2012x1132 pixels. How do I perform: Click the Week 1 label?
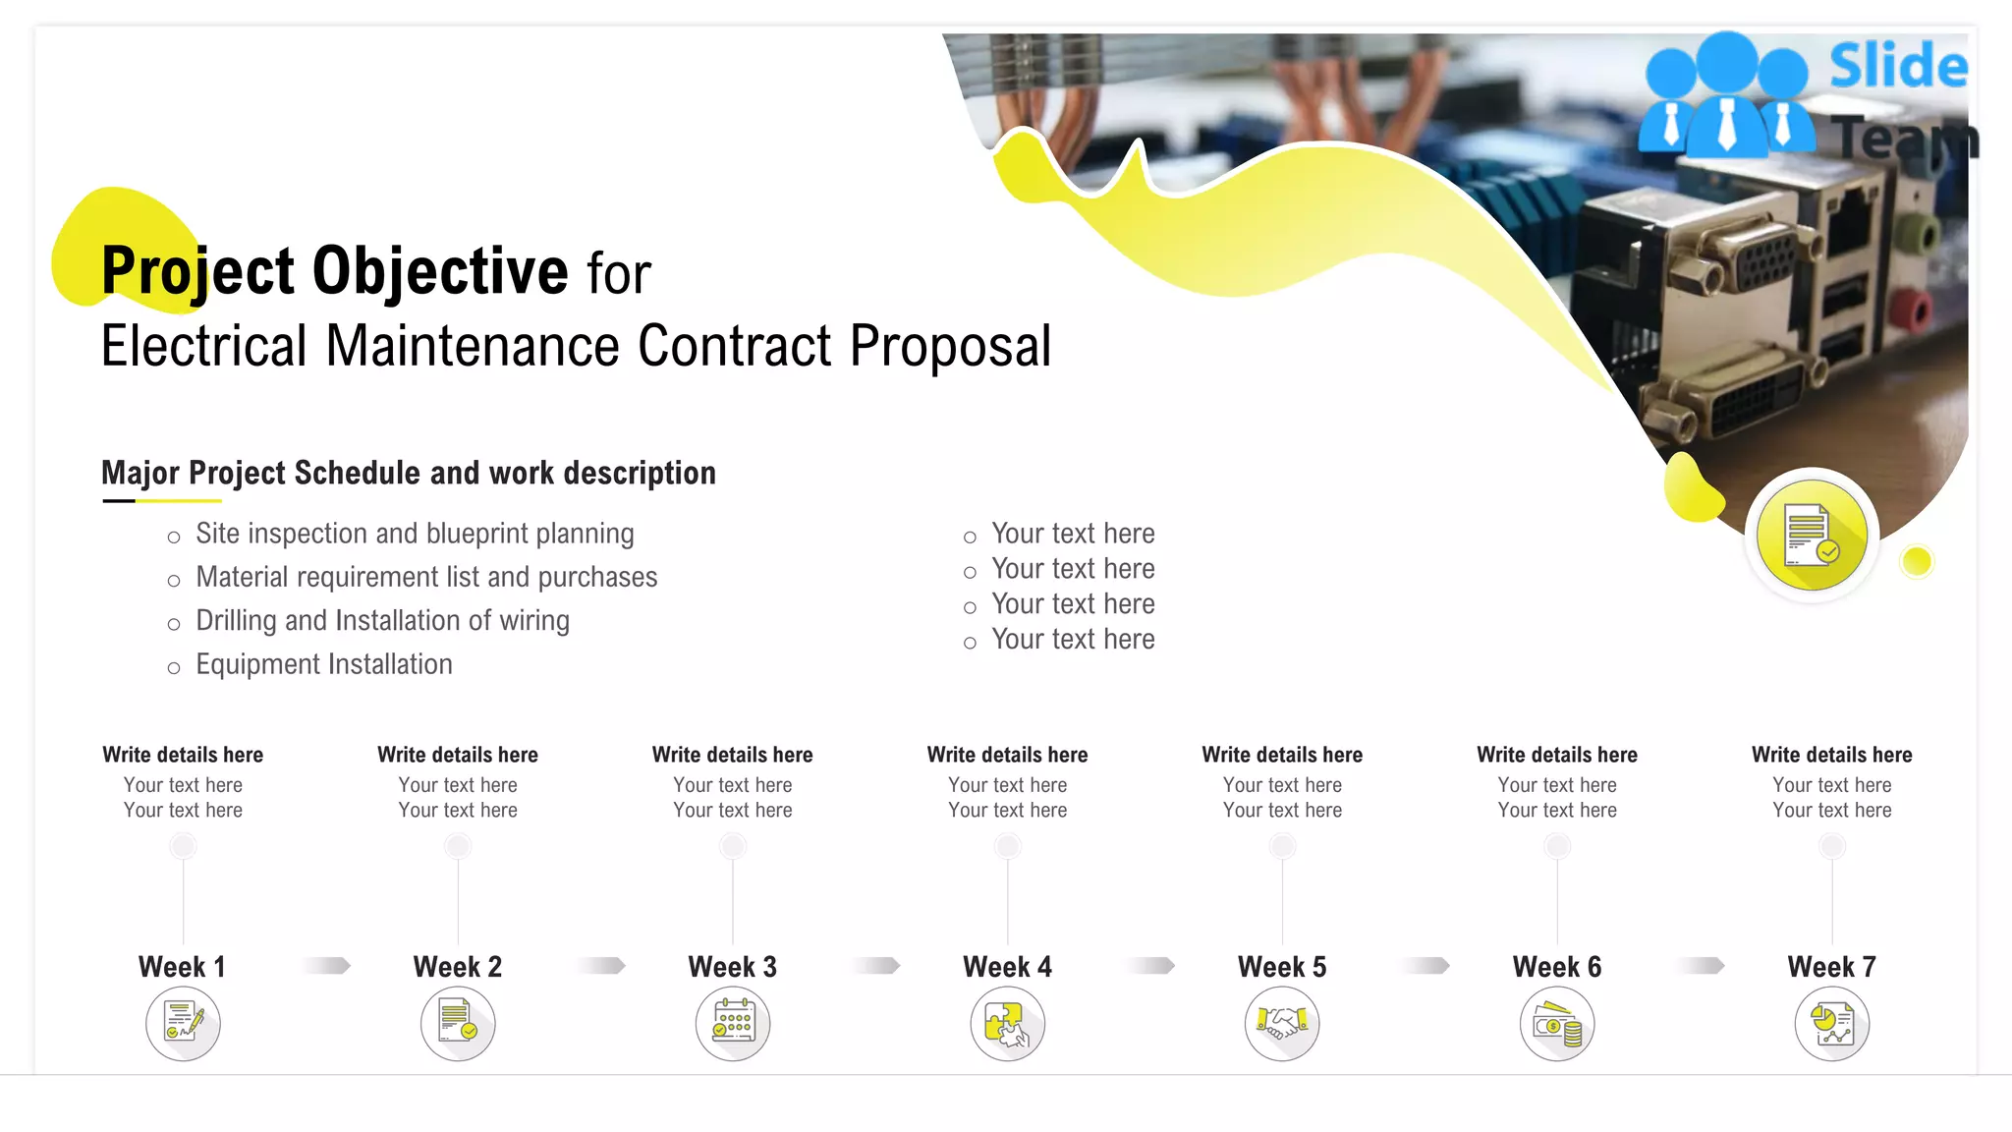coord(183,967)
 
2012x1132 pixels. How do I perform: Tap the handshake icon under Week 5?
coord(1282,1024)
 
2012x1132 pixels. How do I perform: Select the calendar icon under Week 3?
coord(733,1024)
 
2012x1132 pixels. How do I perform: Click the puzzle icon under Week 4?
coord(1007,1024)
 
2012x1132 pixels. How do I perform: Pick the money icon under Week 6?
coord(1557,1024)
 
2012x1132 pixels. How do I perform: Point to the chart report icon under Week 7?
coord(1832,1024)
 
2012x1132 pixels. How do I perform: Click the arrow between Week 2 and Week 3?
coord(601,966)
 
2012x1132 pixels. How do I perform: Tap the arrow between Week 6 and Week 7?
coord(1701,966)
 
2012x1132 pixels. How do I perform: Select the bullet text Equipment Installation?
coord(324,664)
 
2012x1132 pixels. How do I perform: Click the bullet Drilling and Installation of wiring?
coord(382,621)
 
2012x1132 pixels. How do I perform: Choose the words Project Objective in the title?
coord(334,270)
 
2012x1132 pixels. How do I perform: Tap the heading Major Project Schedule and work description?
coord(409,473)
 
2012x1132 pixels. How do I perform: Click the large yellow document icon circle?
coord(1812,536)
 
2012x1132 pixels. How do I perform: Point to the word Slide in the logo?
coord(1898,67)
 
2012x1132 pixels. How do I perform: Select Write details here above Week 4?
coord(1007,755)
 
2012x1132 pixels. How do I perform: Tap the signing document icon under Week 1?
coord(183,1024)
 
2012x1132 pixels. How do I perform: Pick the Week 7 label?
coord(1832,967)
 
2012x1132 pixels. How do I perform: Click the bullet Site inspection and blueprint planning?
coord(415,534)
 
